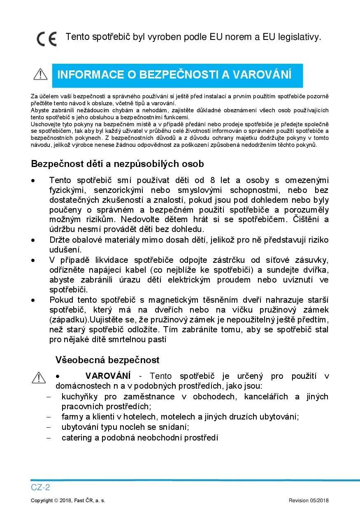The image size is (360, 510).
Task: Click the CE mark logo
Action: [46, 39]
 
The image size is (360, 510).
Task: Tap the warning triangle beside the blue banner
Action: [40, 74]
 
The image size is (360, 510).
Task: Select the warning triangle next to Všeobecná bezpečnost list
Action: [39, 377]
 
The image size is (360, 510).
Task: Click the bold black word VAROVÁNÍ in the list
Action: [108, 376]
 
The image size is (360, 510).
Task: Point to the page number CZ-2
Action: [40, 487]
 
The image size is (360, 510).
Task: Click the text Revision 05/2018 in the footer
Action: [309, 501]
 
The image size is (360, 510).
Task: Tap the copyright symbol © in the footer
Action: [56, 501]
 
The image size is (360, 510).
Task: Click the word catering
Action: [77, 438]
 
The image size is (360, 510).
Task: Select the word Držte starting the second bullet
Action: [59, 240]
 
